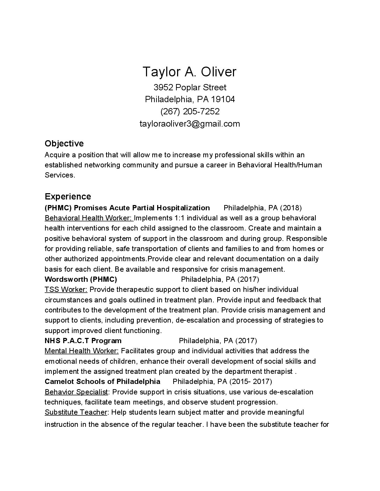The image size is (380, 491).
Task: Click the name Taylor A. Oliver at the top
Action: [190, 72]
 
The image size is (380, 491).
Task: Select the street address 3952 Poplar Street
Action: [190, 87]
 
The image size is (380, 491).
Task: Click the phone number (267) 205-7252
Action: [190, 112]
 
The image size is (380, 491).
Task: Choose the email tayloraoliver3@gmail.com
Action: [190, 124]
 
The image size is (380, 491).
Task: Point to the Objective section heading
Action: [64, 144]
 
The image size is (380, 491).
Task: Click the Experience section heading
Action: [68, 196]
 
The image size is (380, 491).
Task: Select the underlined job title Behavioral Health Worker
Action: [89, 218]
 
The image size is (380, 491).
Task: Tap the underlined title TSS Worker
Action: [66, 289]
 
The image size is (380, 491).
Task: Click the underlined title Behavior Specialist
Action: [76, 392]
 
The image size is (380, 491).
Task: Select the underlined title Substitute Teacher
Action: [76, 412]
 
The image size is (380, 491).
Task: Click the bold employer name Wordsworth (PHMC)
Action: [81, 279]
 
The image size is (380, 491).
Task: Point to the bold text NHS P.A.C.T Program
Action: [83, 341]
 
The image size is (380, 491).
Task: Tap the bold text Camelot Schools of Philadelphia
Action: [102, 382]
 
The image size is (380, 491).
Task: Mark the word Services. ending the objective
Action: [60, 175]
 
